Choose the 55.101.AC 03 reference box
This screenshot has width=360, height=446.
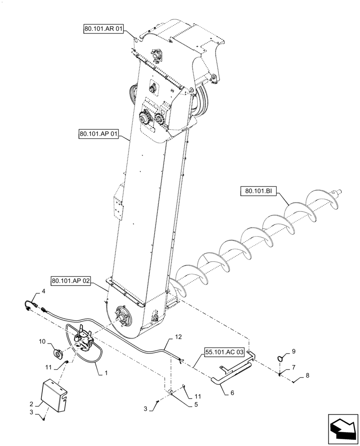pyautogui.click(x=225, y=352)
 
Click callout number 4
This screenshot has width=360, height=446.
pyautogui.click(x=43, y=291)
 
